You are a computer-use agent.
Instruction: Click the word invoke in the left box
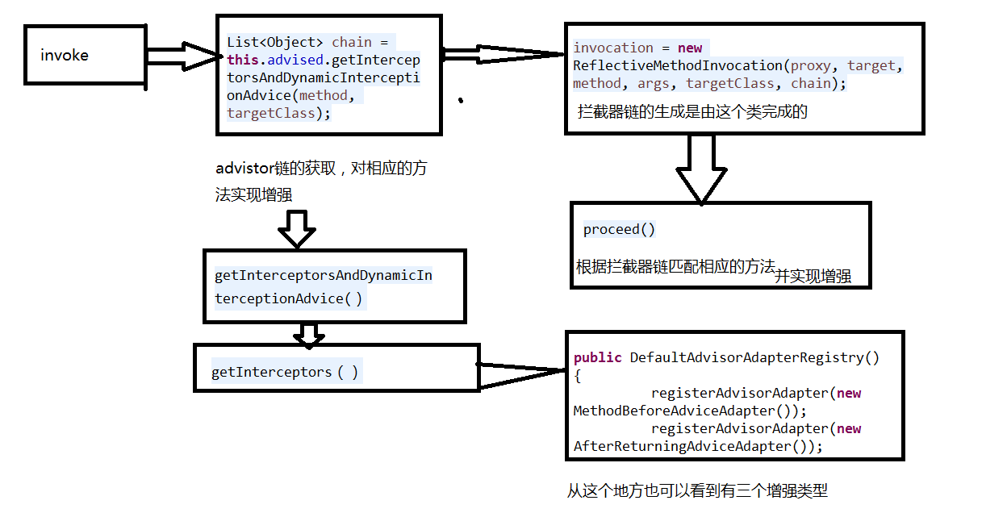click(x=65, y=56)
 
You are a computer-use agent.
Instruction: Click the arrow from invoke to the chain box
click(x=182, y=56)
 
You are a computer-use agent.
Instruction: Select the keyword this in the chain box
click(x=241, y=60)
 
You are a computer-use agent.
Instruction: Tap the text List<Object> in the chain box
click(x=275, y=42)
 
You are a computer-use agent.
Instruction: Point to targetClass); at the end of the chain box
click(x=278, y=113)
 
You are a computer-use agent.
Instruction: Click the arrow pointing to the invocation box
click(x=504, y=54)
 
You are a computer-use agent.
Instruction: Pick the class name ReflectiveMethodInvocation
click(x=678, y=65)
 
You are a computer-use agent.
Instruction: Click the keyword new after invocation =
click(x=690, y=48)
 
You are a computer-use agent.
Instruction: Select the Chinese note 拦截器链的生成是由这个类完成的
click(x=692, y=112)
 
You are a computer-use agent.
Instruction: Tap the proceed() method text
click(x=620, y=230)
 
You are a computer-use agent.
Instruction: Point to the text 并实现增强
click(x=813, y=277)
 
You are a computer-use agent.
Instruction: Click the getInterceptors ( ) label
click(x=285, y=373)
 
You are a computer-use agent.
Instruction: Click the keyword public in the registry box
click(x=598, y=357)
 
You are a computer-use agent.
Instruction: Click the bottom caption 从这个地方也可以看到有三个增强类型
click(x=697, y=490)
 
